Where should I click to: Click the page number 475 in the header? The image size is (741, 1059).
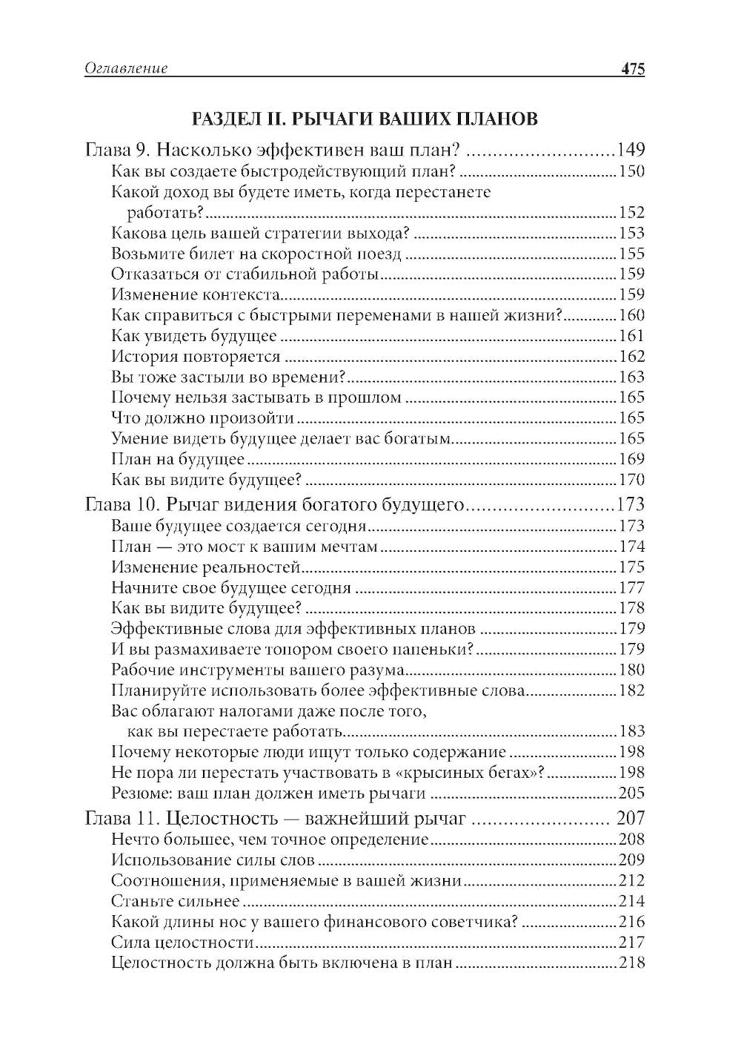633,69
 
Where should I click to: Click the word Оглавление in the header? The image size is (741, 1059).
126,69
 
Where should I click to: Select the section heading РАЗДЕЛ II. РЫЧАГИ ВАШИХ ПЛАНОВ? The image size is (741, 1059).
365,119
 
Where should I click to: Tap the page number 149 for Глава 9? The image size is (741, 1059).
631,149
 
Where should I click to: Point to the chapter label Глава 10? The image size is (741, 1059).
123,506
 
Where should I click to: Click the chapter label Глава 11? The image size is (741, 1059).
122,818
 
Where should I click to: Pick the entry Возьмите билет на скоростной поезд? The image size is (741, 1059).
256,254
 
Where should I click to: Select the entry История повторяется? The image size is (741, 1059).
196,357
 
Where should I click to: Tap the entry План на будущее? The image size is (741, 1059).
178,459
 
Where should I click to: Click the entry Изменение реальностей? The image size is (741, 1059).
205,568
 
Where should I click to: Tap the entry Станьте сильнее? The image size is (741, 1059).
175,901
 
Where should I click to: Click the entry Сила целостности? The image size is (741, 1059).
182,943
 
